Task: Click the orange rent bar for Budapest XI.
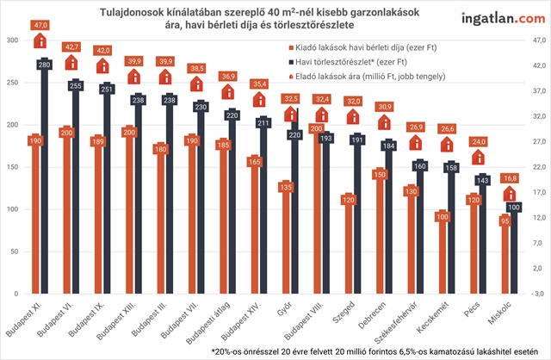click(x=35, y=224)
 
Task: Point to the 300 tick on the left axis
click(x=12, y=41)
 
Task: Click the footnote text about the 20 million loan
click(x=370, y=351)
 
